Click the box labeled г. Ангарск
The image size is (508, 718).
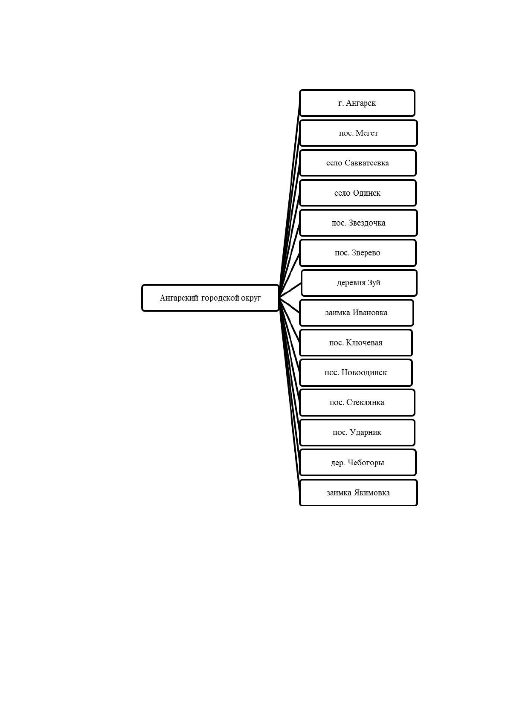[357, 103]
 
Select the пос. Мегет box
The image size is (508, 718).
[358, 133]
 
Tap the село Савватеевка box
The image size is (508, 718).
[357, 163]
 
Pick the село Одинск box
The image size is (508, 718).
[357, 193]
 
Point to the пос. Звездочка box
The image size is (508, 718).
[358, 223]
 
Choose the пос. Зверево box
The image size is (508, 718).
[357, 252]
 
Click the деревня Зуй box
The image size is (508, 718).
[359, 283]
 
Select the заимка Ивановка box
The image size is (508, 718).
[356, 313]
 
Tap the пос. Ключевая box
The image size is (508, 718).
[356, 343]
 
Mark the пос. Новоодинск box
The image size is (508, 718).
[356, 373]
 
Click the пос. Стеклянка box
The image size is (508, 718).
[357, 402]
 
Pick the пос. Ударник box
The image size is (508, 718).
[357, 432]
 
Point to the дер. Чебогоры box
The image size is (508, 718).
[357, 463]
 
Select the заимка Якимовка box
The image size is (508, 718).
[358, 492]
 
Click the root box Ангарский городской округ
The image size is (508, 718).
[210, 298]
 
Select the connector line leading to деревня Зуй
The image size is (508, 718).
[290, 290]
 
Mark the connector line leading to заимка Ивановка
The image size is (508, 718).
[289, 305]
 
